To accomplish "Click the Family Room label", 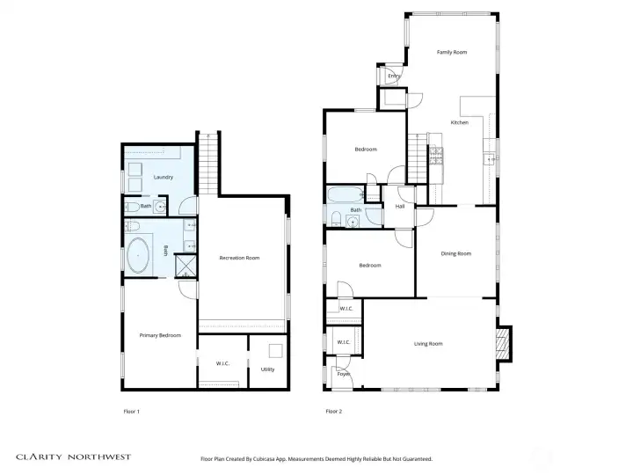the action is pyautogui.click(x=452, y=52).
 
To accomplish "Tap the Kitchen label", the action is pyautogui.click(x=460, y=122).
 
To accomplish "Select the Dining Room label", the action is pyautogui.click(x=455, y=253).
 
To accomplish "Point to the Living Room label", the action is pyautogui.click(x=428, y=344).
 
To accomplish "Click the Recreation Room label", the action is pyautogui.click(x=239, y=258).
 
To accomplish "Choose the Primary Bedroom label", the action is pyautogui.click(x=160, y=335).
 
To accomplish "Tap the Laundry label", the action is pyautogui.click(x=164, y=177).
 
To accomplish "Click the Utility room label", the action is pyautogui.click(x=267, y=369).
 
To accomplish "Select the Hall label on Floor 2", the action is pyautogui.click(x=400, y=207).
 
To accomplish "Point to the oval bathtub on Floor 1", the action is pyautogui.click(x=138, y=256).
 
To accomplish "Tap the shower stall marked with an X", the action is pyautogui.click(x=186, y=266).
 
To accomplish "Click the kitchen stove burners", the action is pyautogui.click(x=436, y=157).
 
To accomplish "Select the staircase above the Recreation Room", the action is pyautogui.click(x=208, y=164).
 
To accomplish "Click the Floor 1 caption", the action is pyautogui.click(x=131, y=412).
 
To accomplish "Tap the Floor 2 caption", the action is pyautogui.click(x=334, y=412).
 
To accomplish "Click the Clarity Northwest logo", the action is pyautogui.click(x=74, y=457).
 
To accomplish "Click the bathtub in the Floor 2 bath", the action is pyautogui.click(x=345, y=194).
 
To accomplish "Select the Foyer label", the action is pyautogui.click(x=344, y=374).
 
